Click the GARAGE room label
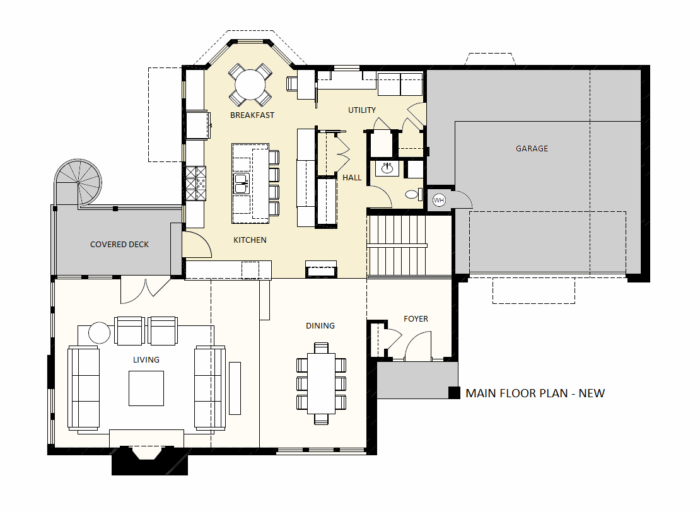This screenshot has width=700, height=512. pos(532,149)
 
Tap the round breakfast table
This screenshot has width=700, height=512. pos(250,85)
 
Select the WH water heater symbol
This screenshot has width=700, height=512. pos(439,200)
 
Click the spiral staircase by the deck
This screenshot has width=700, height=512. pos(78,183)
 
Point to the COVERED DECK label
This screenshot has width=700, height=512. pos(119,245)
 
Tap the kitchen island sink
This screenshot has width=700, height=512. pos(241,183)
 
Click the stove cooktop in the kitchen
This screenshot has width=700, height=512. pos(196,183)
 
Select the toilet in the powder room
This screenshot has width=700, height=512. pos(414,194)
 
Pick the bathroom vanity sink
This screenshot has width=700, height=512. pos(387,169)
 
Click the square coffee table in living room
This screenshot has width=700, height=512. pos(146,388)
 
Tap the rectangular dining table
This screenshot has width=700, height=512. pos(321,383)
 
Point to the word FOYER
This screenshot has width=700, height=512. pos(416,318)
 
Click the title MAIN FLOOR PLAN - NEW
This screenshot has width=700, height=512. pos(535,393)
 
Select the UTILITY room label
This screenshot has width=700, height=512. pos(362,110)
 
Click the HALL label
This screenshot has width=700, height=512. pos(352,178)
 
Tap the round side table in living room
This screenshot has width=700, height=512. pos(99,332)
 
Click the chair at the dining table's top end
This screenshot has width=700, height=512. pos(321,347)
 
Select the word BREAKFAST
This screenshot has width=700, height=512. pos(252,115)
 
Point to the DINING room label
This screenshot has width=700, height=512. pos(320,326)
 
